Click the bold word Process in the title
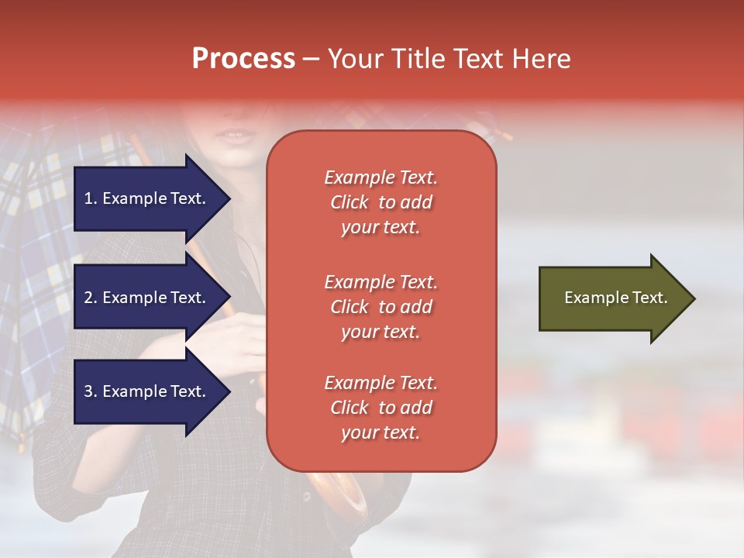click(243, 59)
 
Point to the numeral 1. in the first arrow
click(91, 198)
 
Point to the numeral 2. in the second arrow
click(91, 298)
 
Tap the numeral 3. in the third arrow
click(91, 391)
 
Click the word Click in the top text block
click(350, 202)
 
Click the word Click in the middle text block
click(350, 307)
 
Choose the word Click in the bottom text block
click(350, 408)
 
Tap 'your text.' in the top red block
click(381, 228)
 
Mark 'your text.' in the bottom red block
click(381, 433)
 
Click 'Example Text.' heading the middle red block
click(381, 281)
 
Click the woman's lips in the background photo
click(238, 136)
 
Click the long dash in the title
click(312, 60)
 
